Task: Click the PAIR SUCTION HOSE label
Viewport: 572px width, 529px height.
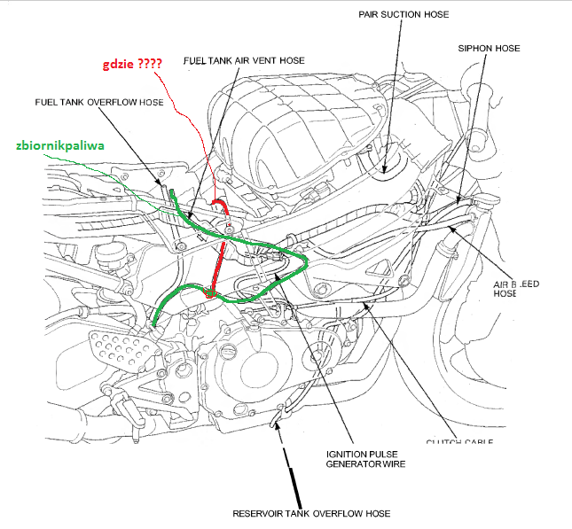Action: tap(404, 15)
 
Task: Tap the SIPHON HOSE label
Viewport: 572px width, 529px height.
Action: tap(490, 48)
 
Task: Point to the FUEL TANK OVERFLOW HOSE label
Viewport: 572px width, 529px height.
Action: tap(99, 102)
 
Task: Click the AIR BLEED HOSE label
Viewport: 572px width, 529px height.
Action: tap(519, 287)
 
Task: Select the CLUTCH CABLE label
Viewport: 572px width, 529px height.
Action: tap(459, 441)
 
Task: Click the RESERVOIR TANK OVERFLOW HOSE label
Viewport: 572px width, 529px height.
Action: tap(311, 513)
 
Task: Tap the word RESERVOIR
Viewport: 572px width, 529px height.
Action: tap(260, 513)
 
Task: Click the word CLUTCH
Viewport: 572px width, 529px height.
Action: tap(443, 441)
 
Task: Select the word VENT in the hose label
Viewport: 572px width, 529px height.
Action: tap(258, 59)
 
